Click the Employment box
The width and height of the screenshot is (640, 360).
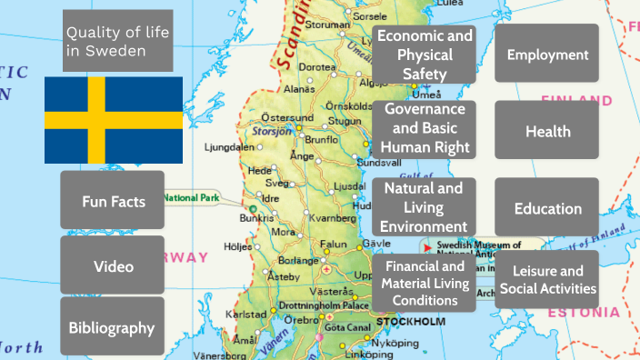[x=546, y=55]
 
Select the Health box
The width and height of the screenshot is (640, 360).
[x=546, y=131]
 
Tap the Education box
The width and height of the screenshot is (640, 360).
[x=546, y=208]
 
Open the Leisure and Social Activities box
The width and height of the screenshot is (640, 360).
[x=546, y=280]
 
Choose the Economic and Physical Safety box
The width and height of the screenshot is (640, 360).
[x=425, y=55]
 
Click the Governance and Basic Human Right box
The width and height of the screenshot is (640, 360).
[x=425, y=128]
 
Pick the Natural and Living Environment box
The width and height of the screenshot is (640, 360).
[x=425, y=206]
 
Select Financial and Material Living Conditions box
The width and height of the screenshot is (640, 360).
[x=425, y=283]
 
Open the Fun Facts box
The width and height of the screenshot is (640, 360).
[x=113, y=200]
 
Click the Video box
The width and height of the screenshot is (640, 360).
[x=113, y=265]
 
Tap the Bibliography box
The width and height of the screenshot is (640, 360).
[x=113, y=327]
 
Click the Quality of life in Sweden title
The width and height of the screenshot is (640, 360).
[x=117, y=41]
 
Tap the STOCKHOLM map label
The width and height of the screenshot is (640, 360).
[x=410, y=323]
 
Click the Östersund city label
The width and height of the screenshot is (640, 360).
[x=287, y=117]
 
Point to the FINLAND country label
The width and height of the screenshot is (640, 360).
[x=575, y=100]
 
